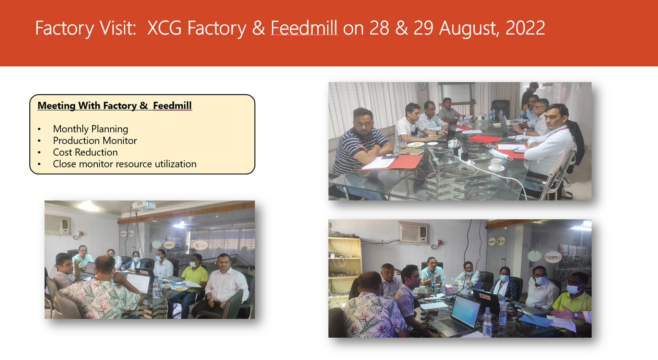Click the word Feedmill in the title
click(x=304, y=28)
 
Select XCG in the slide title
click(x=164, y=28)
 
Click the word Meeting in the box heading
click(x=56, y=106)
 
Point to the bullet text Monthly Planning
click(x=90, y=129)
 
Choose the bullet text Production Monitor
click(x=95, y=141)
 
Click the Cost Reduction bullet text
click(x=85, y=152)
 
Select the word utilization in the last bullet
click(x=175, y=164)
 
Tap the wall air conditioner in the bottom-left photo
click(x=57, y=225)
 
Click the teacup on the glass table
click(x=496, y=165)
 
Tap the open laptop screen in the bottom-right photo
click(x=465, y=312)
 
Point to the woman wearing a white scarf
click(x=505, y=283)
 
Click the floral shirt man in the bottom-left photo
click(x=101, y=291)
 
